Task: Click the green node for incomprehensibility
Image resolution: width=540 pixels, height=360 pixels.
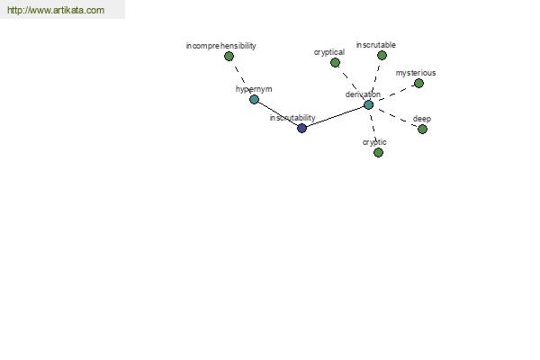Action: pos(229,56)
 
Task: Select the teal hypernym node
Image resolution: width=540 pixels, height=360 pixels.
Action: pos(254,100)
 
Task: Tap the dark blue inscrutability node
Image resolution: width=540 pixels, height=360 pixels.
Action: pos(302,128)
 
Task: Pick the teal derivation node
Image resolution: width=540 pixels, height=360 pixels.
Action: pos(368,105)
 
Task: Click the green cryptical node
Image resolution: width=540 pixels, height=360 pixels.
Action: pos(335,63)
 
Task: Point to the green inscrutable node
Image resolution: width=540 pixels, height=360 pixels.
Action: pos(382,56)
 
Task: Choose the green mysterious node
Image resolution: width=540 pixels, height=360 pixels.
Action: pos(418,84)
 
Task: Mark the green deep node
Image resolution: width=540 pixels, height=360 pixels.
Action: pos(423,130)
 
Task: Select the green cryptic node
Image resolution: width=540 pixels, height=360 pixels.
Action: pos(379,153)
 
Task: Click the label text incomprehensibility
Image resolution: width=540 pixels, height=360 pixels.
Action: pos(221,46)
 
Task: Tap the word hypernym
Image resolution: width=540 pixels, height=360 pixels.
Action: pos(254,89)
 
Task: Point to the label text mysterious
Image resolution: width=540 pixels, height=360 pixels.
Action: pos(416,73)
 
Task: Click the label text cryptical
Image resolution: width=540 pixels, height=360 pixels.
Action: pos(329,52)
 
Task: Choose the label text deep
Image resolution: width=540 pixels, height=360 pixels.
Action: pos(422,119)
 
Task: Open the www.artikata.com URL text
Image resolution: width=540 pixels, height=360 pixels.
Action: pos(56,10)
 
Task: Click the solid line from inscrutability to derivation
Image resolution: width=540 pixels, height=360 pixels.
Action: pos(335,117)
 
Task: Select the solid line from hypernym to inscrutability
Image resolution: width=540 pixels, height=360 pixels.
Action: pos(278,114)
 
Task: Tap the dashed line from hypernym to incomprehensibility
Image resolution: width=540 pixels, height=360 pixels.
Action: pos(241,78)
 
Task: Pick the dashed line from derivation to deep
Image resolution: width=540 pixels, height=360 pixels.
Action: pos(395,117)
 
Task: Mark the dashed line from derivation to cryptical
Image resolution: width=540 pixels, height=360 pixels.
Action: pos(352,84)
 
